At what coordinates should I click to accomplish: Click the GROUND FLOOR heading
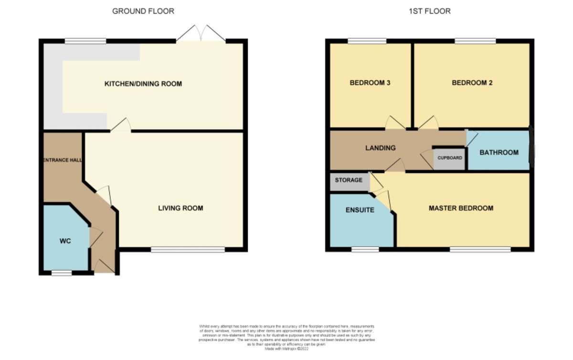pyautogui.click(x=143, y=11)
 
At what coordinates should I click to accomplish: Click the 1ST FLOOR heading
pyautogui.click(x=429, y=11)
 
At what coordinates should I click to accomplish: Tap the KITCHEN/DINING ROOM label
pyautogui.click(x=143, y=84)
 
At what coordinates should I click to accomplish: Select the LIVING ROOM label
pyautogui.click(x=180, y=208)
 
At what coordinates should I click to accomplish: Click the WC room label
pyautogui.click(x=65, y=241)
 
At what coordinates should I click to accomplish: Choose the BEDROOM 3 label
pyautogui.click(x=370, y=83)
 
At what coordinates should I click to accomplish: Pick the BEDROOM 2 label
pyautogui.click(x=472, y=83)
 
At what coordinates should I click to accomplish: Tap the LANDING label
pyautogui.click(x=380, y=148)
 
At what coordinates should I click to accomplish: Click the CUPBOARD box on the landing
pyautogui.click(x=450, y=158)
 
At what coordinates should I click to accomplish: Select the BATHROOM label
pyautogui.click(x=499, y=153)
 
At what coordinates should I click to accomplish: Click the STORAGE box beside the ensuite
pyautogui.click(x=349, y=180)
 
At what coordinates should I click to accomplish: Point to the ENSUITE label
pyautogui.click(x=360, y=210)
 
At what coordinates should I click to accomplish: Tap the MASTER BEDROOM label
pyautogui.click(x=460, y=208)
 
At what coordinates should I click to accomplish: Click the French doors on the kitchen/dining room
pyautogui.click(x=201, y=34)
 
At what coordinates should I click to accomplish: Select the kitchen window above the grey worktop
pyautogui.click(x=85, y=41)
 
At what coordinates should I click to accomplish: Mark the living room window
pyautogui.click(x=188, y=249)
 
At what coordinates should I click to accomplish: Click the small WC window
pyautogui.click(x=62, y=273)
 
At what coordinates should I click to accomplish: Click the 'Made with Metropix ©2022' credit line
pyautogui.click(x=286, y=349)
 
